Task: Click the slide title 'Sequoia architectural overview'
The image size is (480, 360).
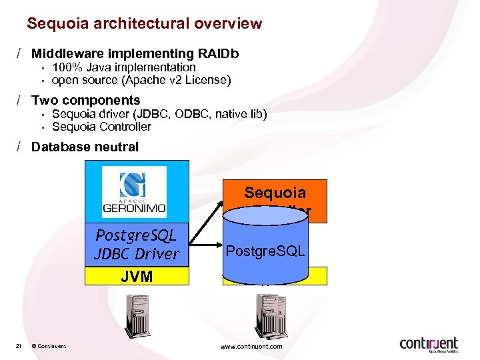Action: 144,24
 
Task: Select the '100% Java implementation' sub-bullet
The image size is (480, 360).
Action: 124,67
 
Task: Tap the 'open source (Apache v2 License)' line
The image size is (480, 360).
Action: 141,81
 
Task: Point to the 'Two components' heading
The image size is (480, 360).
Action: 86,101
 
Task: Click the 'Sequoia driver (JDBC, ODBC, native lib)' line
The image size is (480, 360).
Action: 159,114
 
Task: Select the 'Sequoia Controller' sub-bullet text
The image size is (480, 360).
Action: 101,127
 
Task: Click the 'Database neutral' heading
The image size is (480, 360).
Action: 85,147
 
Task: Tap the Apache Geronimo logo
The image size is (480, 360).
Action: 134,191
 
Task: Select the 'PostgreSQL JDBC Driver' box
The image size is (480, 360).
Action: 137,245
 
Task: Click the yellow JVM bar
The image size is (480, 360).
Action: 137,276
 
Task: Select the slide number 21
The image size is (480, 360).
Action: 18,346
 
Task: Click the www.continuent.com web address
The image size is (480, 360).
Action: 251,346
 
